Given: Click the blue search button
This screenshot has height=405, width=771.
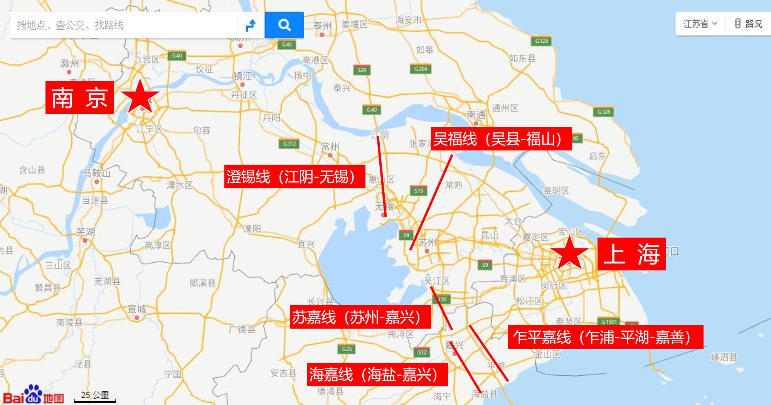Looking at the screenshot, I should [x=284, y=25].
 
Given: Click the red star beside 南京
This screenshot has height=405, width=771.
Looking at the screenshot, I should [x=140, y=96].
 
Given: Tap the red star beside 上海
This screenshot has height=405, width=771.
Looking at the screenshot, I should [x=569, y=253].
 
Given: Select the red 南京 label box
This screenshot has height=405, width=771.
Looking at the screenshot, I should [x=79, y=98].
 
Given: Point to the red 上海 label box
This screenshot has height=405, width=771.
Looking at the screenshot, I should [x=631, y=254].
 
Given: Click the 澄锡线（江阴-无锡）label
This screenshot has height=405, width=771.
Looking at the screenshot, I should [x=295, y=177].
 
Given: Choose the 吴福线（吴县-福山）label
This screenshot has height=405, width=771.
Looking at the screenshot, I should [x=501, y=139].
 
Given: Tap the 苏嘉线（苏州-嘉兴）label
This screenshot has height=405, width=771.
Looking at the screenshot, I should [x=360, y=317].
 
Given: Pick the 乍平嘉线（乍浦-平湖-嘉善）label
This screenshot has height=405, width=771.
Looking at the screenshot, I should [x=605, y=337].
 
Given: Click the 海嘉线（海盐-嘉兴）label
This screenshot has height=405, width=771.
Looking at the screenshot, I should [x=377, y=374].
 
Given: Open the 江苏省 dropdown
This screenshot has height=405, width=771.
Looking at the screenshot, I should [x=700, y=24].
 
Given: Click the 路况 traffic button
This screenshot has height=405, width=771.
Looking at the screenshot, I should [x=748, y=24].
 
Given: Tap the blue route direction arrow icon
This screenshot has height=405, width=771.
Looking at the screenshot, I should [x=251, y=25].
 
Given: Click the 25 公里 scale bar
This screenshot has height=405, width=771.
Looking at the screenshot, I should [x=95, y=397].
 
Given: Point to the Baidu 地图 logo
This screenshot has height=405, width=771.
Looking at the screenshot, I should [x=34, y=395].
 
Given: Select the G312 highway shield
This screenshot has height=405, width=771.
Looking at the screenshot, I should [x=290, y=144].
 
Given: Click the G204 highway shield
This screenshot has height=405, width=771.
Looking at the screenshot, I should [x=421, y=69].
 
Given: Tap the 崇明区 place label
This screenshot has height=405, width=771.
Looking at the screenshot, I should [x=556, y=191].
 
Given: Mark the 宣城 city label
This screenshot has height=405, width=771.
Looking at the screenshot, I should [x=137, y=309].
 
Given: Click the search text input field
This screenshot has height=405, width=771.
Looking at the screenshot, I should [x=123, y=25].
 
